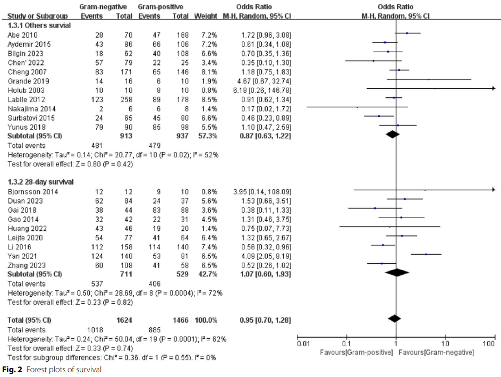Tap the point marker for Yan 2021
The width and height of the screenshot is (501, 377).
pyautogui.click(x=426, y=254)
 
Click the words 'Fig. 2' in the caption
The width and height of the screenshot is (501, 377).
pyautogui.click(x=11, y=369)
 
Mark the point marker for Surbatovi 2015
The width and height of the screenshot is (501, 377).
pyautogui.click(x=379, y=116)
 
